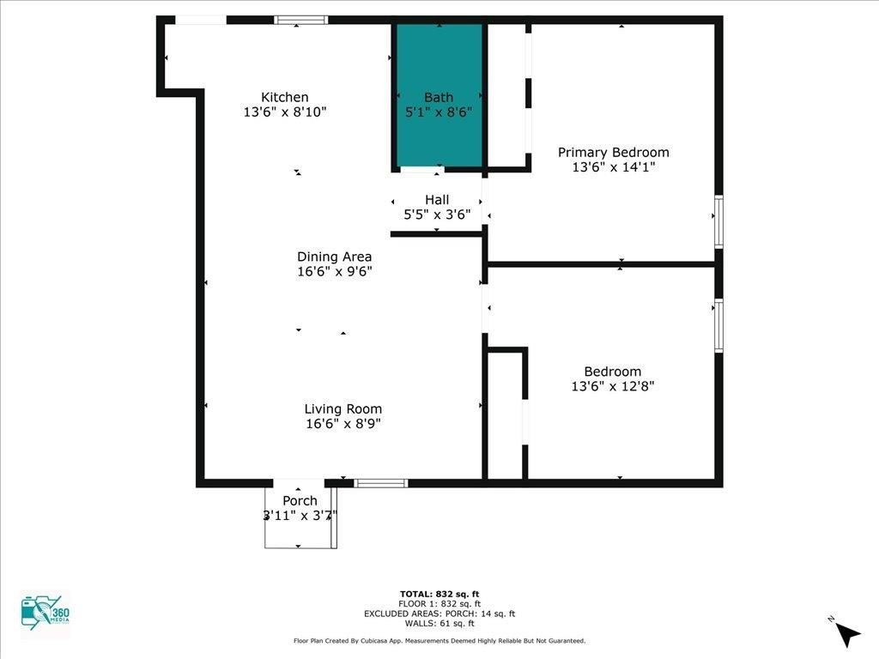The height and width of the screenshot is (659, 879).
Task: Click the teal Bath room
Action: coord(439,95)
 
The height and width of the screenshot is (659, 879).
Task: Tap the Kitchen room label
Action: coord(285,97)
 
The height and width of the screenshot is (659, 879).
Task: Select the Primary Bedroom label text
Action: coord(613,153)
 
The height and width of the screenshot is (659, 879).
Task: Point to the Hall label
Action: coord(437,199)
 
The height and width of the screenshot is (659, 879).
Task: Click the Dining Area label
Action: coord(334,257)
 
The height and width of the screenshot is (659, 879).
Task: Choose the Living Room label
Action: coord(343,409)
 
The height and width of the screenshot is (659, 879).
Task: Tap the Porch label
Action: coord(300,500)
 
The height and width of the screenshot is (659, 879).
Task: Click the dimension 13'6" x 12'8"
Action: coord(613,386)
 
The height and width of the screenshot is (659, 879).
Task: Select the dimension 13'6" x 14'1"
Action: coord(613,167)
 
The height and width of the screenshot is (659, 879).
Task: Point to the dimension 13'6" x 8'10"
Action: coord(285,112)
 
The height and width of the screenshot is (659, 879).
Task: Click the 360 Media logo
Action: coord(45,613)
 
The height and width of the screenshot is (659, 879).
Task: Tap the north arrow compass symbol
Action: coord(846,633)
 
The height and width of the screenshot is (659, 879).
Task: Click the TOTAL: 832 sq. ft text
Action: coord(439,594)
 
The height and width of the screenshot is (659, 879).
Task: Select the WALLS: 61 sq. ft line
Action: coord(439,623)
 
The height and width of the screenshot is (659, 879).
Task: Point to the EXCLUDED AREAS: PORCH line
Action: coord(439,614)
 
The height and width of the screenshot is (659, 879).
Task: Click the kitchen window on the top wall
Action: coord(301,21)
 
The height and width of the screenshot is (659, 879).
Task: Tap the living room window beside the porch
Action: coord(381,483)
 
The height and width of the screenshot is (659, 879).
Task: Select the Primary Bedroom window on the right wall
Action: coord(718,221)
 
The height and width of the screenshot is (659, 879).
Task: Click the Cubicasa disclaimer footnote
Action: coord(439,640)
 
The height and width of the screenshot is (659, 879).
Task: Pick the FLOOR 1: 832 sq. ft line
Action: coord(439,604)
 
